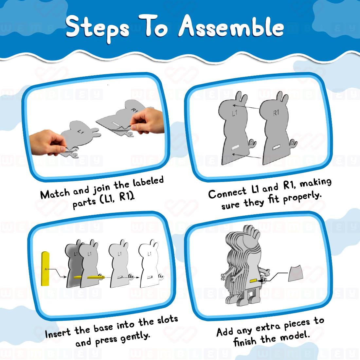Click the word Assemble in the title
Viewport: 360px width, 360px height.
point(231,27)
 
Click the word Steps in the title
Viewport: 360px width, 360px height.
point(97,28)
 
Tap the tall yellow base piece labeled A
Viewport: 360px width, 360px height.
point(45,268)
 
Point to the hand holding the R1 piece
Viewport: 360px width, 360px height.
point(147,120)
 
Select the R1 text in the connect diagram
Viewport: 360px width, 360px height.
point(276,113)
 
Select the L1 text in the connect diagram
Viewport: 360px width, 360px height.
point(234,114)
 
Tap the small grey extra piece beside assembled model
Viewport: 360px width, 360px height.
point(296,274)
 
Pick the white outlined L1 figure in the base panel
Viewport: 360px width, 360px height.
point(149,265)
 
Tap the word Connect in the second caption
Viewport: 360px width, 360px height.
point(227,193)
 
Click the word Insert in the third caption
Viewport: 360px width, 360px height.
point(58,333)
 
